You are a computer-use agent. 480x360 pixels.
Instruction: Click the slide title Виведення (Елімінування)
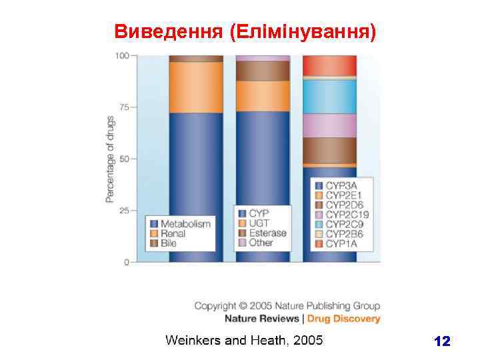(x=245, y=31)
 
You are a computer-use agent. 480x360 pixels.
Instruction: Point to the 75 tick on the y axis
(x=123, y=107)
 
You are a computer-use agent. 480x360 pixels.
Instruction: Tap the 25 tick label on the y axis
(x=123, y=211)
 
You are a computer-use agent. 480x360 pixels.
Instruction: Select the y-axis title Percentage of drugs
(x=111, y=159)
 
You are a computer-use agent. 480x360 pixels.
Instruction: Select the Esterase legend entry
(x=267, y=233)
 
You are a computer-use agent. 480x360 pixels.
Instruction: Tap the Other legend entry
(x=261, y=243)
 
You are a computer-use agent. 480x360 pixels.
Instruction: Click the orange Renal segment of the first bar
(x=196, y=87)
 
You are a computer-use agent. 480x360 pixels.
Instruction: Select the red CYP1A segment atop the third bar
(x=329, y=65)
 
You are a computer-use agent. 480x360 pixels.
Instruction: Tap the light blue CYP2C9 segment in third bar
(x=329, y=97)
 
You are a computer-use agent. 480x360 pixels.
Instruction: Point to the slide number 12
(x=441, y=342)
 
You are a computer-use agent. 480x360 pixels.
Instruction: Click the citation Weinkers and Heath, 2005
(x=244, y=341)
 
